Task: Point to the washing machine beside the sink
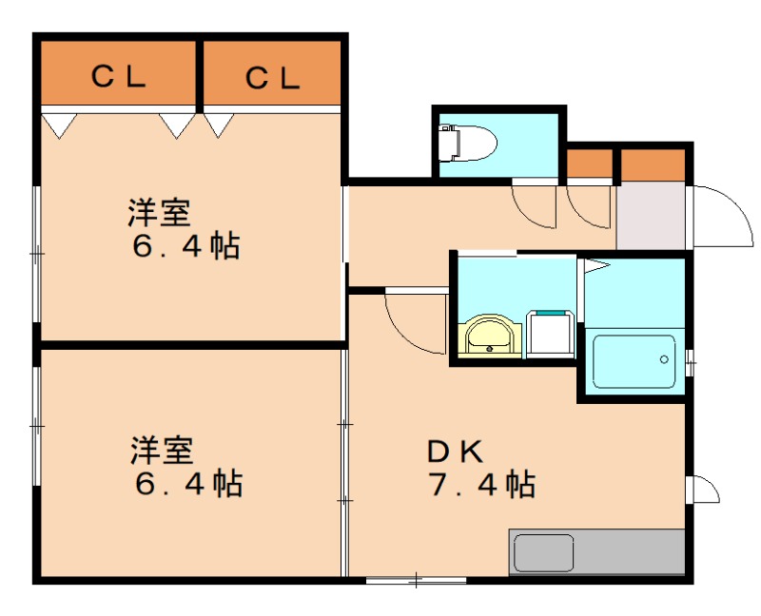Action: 550,333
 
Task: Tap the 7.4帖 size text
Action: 481,485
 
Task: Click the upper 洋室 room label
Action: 160,212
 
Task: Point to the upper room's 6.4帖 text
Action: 185,247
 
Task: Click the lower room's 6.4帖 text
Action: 187,484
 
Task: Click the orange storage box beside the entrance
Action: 653,164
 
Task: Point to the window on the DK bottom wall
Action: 416,579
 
